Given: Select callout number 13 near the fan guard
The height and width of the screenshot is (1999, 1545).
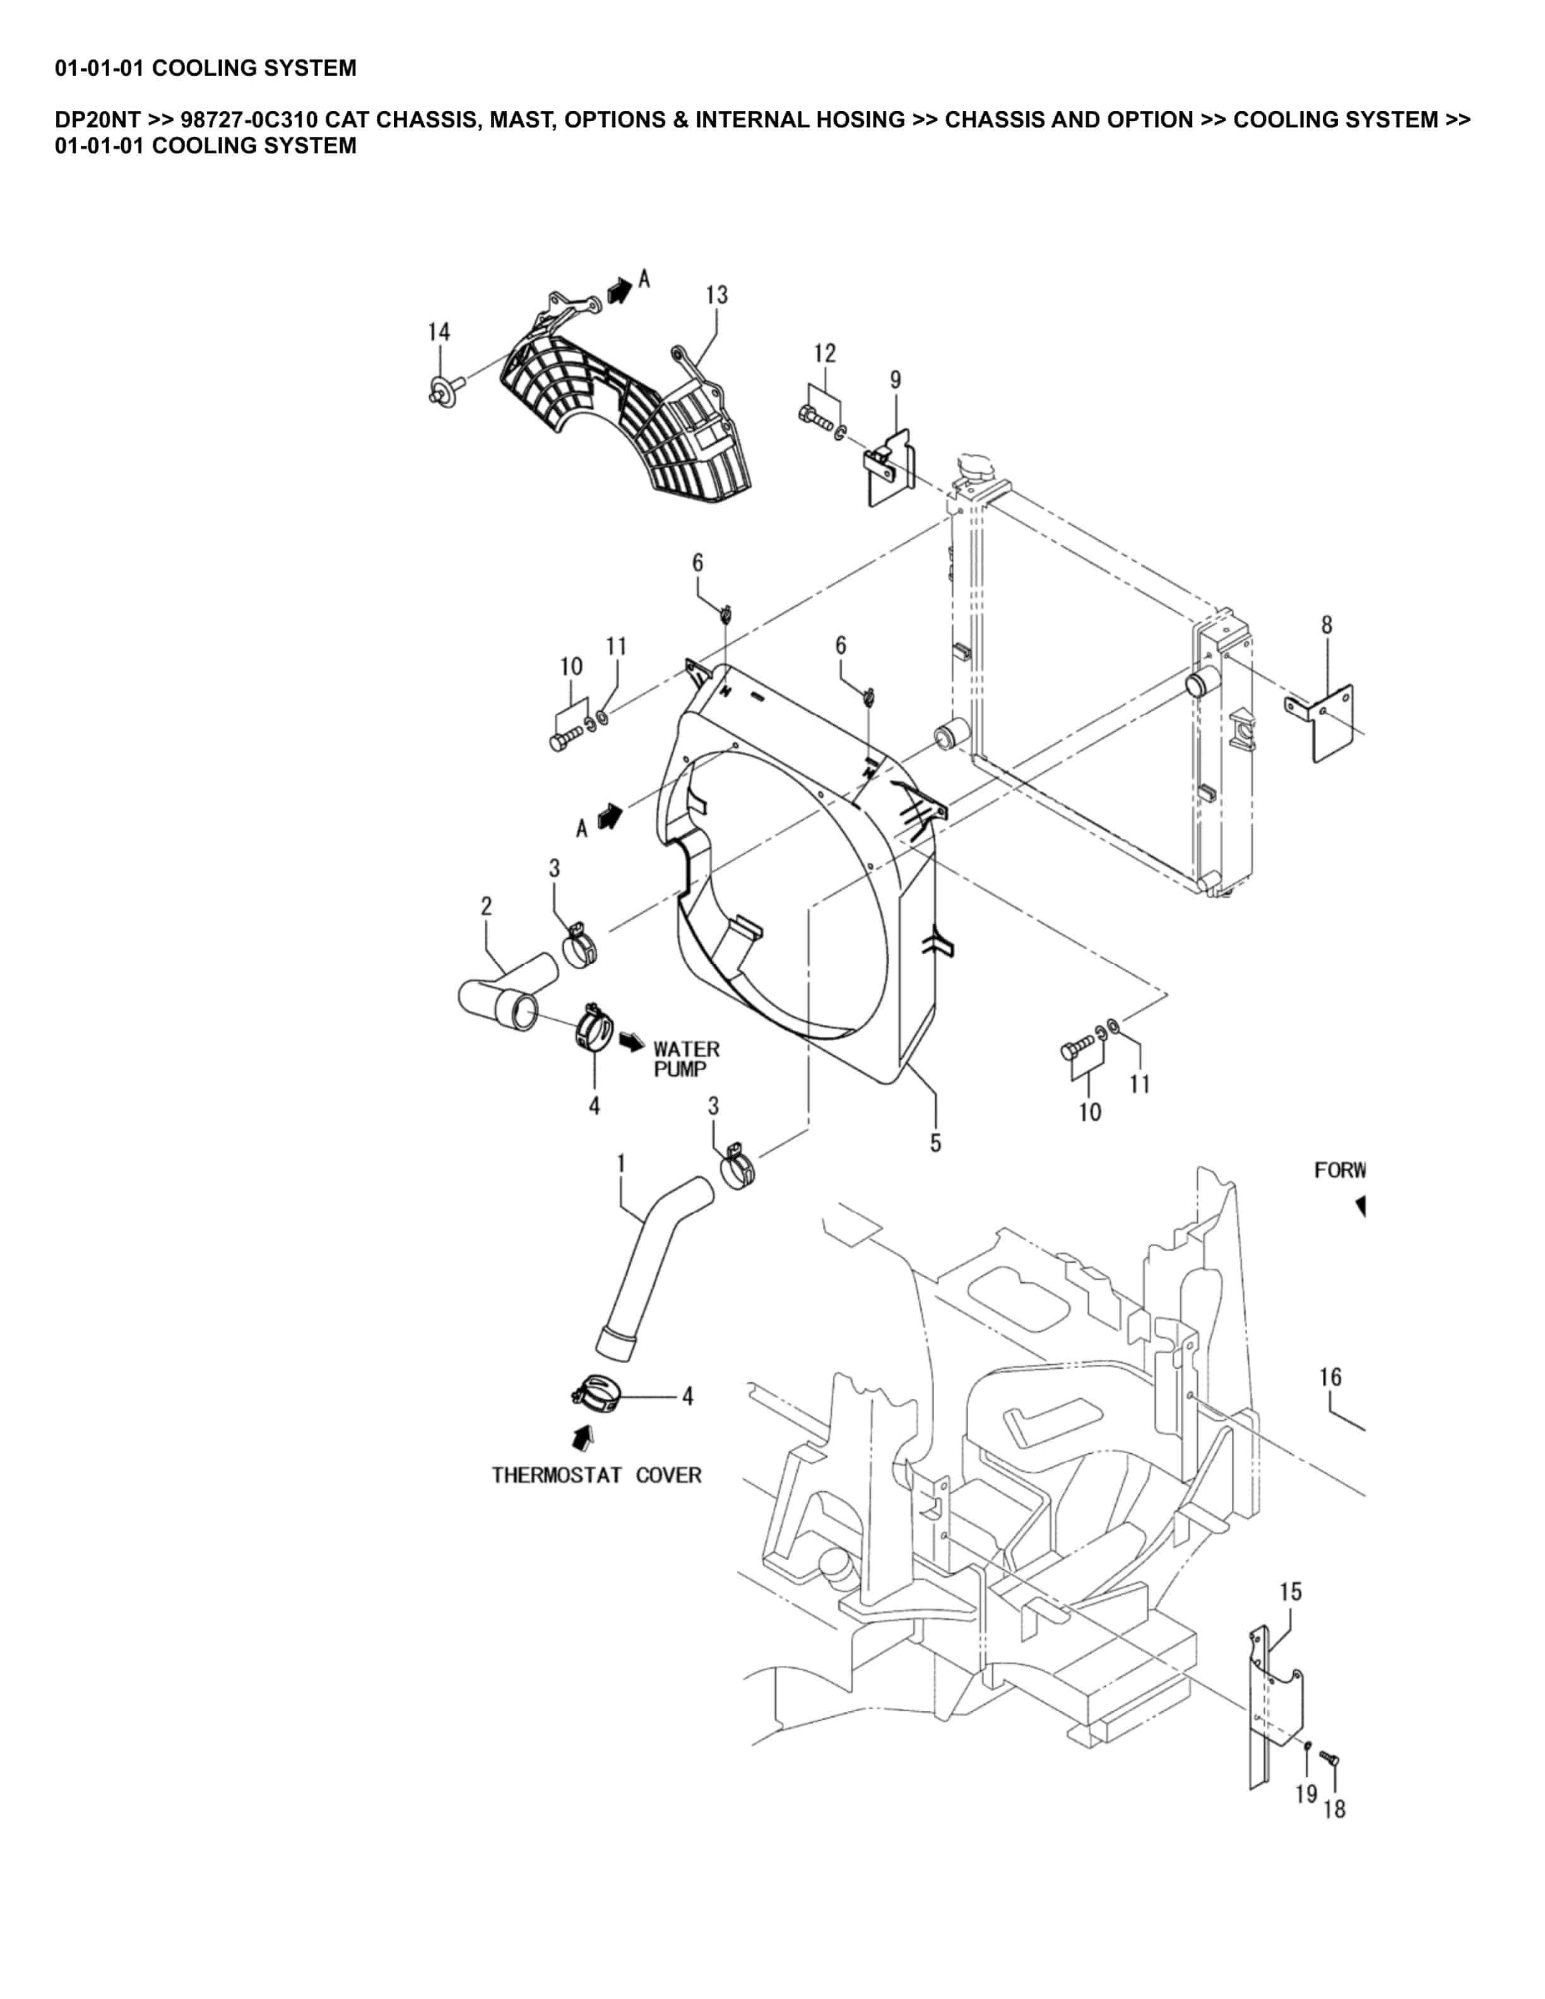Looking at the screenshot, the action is (717, 295).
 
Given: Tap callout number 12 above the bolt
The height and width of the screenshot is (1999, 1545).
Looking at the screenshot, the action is (825, 353).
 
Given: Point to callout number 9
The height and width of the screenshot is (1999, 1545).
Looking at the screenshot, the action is (895, 380).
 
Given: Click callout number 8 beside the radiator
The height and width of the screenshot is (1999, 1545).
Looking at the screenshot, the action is (1326, 625).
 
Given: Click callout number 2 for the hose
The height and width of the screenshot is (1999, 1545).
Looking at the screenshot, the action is (486, 906).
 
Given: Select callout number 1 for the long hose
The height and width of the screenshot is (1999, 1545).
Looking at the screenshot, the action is (622, 1164).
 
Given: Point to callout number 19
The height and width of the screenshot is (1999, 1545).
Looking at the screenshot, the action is (1306, 1794).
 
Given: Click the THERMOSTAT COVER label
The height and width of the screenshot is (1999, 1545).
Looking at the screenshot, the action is (597, 1475).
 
